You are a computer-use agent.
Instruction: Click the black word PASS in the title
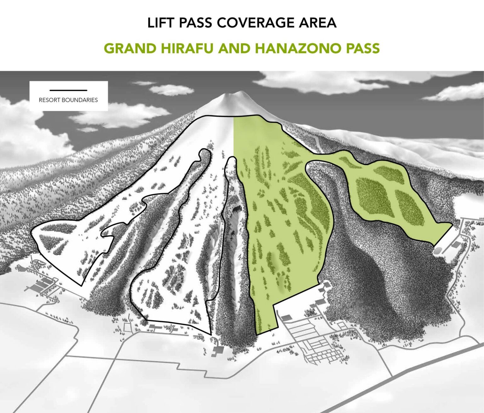coord(197,23)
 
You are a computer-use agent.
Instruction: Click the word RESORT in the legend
coord(49,100)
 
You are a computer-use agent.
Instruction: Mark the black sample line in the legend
coord(68,90)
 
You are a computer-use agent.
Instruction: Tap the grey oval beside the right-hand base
coord(437,251)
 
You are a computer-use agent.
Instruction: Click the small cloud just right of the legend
coord(171,90)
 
